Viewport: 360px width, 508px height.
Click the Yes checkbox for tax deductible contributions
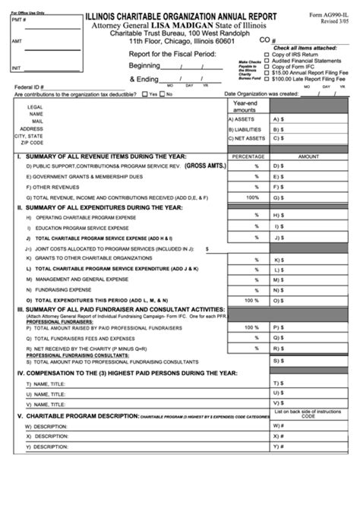(145, 94)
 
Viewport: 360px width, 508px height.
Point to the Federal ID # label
(30, 87)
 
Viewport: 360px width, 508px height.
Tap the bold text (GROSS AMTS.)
(205, 165)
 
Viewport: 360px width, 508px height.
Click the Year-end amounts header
(245, 106)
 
